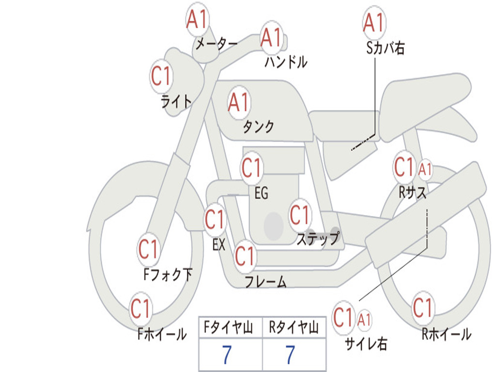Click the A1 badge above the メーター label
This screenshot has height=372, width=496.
click(197, 19)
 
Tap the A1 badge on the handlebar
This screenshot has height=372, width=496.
click(271, 38)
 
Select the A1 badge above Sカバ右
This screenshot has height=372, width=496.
click(374, 23)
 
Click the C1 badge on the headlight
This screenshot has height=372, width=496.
click(161, 76)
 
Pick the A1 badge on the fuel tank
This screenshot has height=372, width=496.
click(239, 103)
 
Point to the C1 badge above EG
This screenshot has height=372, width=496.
click(251, 167)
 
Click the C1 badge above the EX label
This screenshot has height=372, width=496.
click(215, 219)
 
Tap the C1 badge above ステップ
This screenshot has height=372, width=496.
click(299, 215)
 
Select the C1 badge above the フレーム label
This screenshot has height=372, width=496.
click(245, 256)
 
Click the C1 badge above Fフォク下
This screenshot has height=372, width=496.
click(148, 249)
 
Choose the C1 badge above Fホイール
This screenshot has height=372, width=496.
click(140, 309)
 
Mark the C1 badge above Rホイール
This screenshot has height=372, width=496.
click(422, 308)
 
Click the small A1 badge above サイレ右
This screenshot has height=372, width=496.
click(364, 320)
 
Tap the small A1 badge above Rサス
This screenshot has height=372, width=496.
click(425, 170)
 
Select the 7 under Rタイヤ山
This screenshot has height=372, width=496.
click(291, 355)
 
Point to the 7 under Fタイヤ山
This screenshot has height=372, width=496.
click(227, 355)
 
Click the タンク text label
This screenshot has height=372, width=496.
click(259, 127)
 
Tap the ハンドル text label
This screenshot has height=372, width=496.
click(286, 62)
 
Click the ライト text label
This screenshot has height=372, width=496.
click(176, 101)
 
